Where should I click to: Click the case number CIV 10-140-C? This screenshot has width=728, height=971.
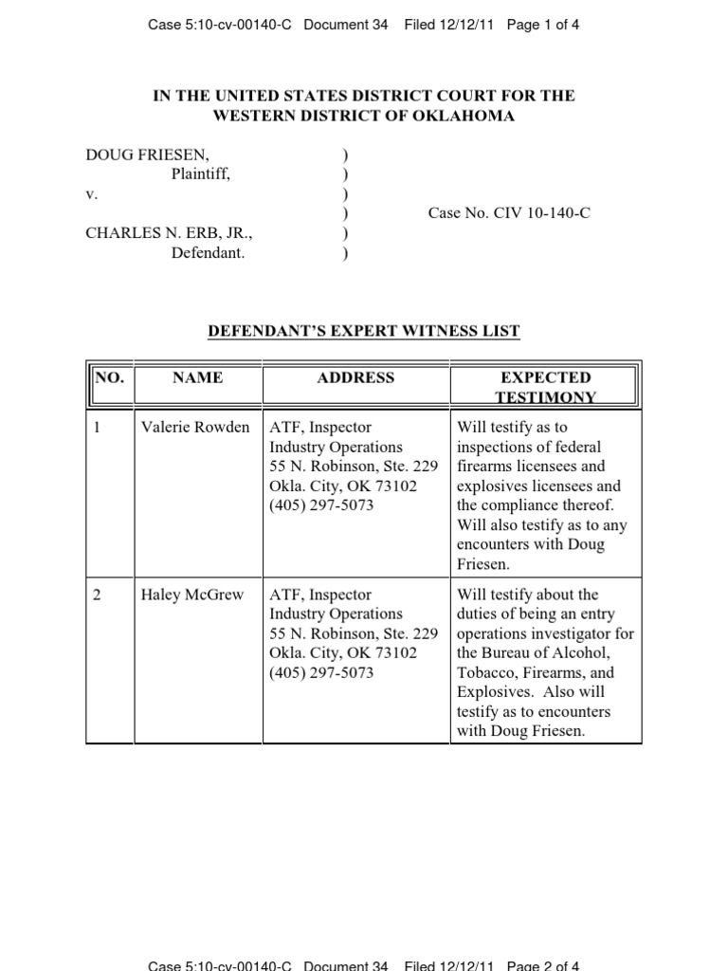click(x=509, y=213)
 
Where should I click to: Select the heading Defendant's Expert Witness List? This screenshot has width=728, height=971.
click(x=364, y=331)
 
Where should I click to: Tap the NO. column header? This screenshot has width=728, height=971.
click(x=109, y=377)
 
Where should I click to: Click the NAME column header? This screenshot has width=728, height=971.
click(x=198, y=377)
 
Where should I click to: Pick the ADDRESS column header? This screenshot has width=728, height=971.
click(x=355, y=377)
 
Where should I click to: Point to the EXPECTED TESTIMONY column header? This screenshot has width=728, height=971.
click(x=545, y=387)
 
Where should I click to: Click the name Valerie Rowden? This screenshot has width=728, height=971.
click(x=195, y=427)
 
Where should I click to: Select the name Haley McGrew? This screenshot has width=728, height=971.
click(x=192, y=595)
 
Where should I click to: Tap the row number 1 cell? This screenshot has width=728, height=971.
click(x=97, y=427)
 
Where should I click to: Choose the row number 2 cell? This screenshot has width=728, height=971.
click(x=98, y=595)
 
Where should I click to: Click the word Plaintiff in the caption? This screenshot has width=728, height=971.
click(x=200, y=174)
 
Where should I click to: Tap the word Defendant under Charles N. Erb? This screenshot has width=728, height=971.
click(x=208, y=253)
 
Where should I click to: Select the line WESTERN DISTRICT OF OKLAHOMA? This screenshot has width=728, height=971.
click(x=364, y=116)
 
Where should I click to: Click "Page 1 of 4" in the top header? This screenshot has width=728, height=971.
click(x=543, y=26)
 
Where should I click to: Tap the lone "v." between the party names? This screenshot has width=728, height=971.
click(x=92, y=193)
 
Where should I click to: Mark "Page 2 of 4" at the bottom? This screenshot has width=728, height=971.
click(x=543, y=965)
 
